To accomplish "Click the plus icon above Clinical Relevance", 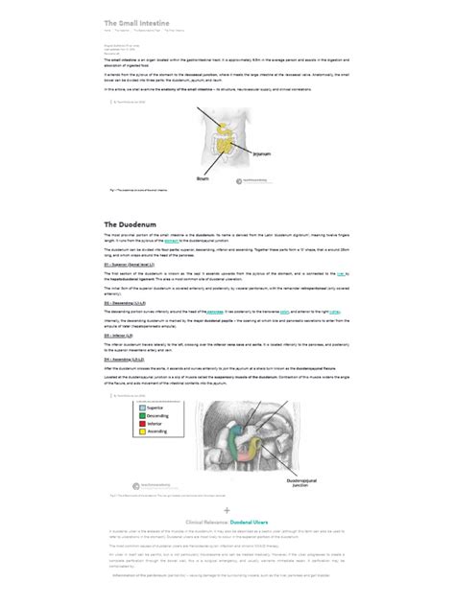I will coord(227,511).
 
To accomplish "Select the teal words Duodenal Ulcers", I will coord(249,523).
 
